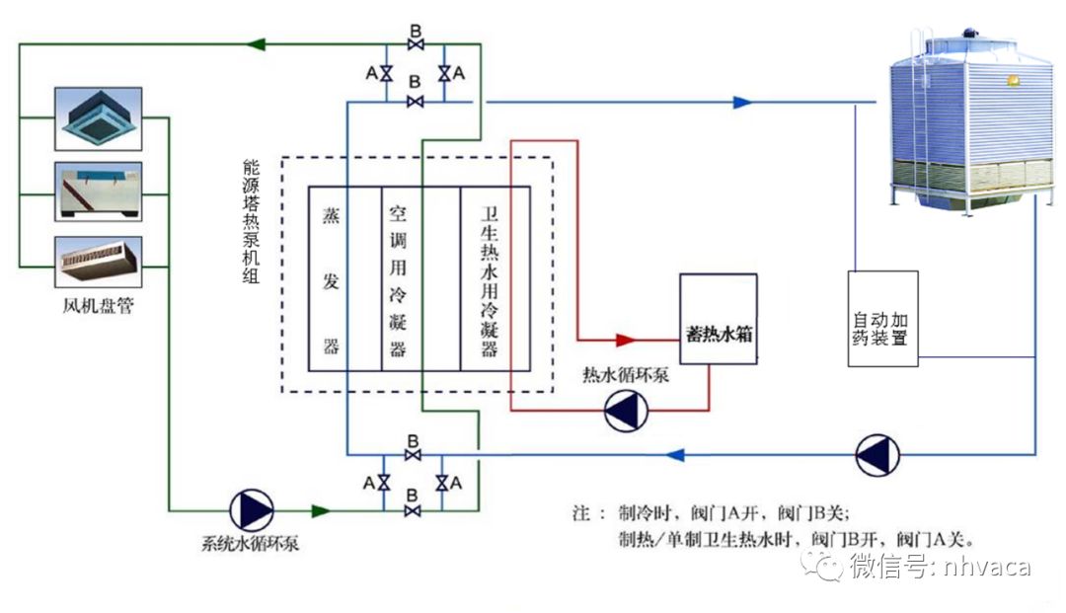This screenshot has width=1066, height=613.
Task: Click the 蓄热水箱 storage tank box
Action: pos(719,319)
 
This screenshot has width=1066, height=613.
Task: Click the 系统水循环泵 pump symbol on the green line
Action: pos(252,509)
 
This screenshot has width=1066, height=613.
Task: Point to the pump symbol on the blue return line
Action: pos(876,455)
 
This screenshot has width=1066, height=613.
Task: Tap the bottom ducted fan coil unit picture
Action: pos(98,261)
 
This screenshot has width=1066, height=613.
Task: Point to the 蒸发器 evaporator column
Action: pos(332,278)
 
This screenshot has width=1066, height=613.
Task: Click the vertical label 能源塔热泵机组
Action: pos(251,223)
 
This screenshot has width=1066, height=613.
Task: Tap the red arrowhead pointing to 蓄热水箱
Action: pos(625,340)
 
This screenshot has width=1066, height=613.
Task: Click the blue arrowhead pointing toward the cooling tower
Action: pos(742,102)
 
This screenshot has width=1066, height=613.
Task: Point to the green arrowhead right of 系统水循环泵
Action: pos(320,510)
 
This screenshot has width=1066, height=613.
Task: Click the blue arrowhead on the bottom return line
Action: pos(676,455)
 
